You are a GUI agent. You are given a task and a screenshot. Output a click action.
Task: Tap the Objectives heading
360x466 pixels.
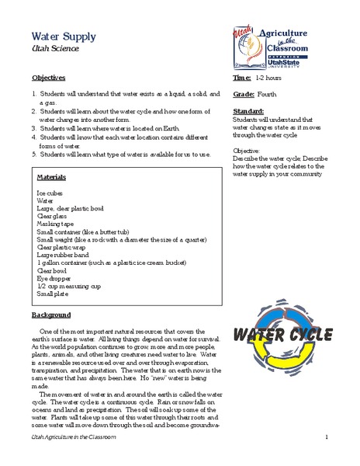(x=48, y=79)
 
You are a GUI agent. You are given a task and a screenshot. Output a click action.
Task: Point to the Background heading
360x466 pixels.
(x=51, y=315)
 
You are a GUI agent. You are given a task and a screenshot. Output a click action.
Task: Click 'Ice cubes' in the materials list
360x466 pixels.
(x=51, y=191)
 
